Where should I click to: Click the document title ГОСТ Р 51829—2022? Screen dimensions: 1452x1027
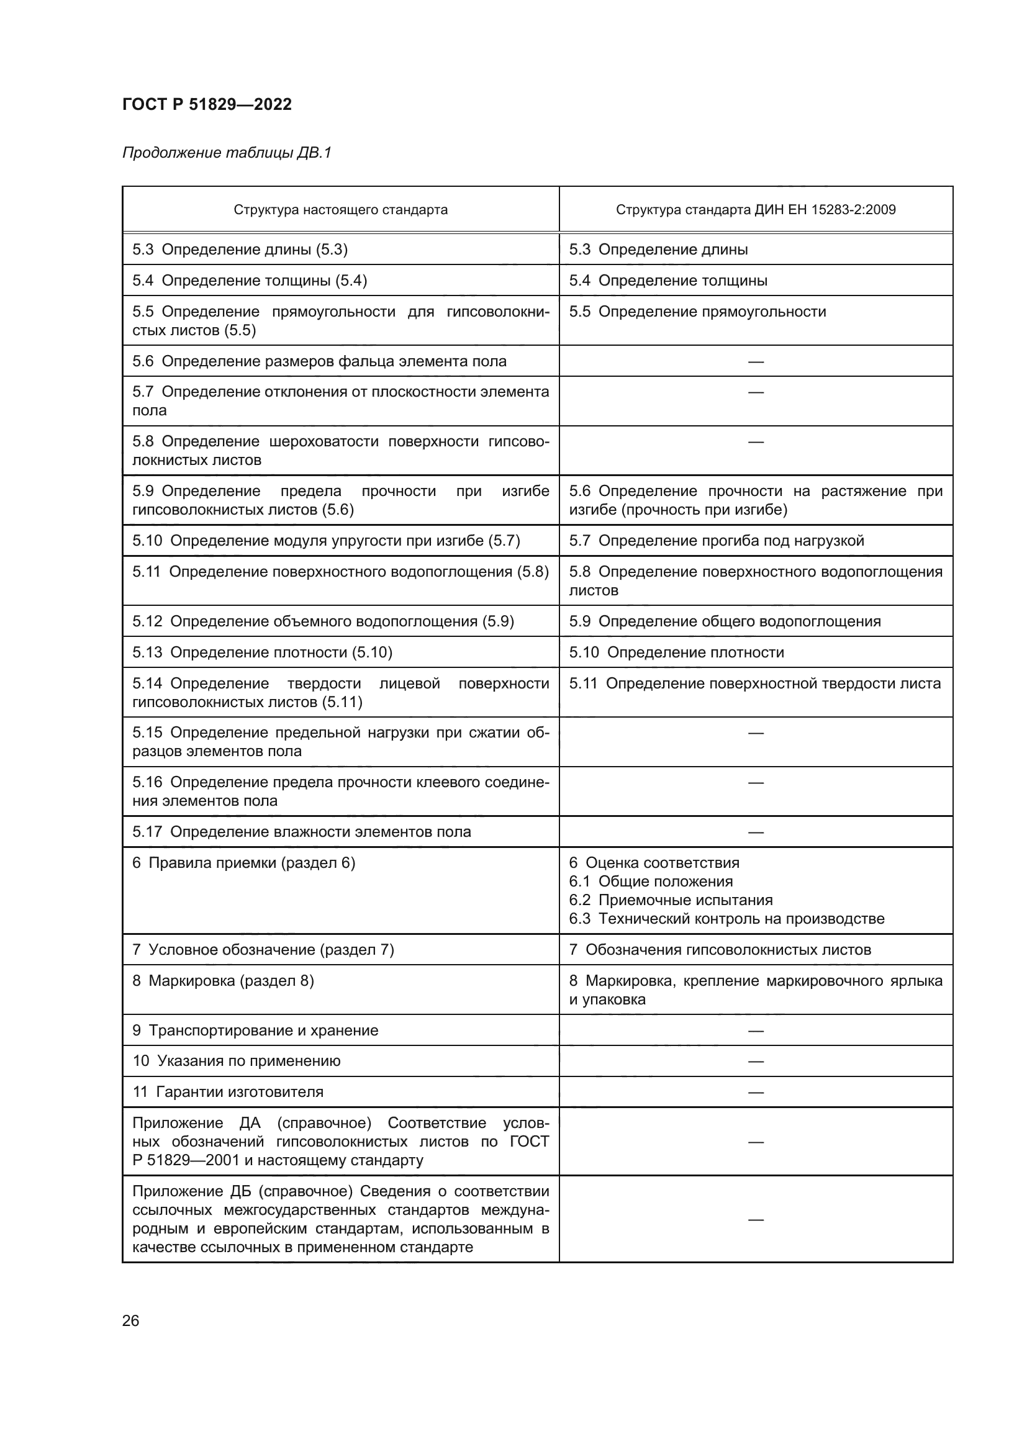tap(207, 104)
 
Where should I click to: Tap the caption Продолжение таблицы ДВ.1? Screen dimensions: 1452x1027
tap(227, 153)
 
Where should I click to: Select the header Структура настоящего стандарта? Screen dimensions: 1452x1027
tap(340, 210)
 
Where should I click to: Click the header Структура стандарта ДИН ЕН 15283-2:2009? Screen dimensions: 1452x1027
tap(756, 210)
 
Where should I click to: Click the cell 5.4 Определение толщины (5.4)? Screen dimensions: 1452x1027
tap(249, 280)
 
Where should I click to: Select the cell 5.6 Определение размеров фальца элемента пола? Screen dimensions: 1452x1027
tap(319, 361)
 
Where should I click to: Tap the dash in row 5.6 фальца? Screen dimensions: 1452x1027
tap(756, 362)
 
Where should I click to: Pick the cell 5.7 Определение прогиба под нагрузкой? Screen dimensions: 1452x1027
tap(716, 541)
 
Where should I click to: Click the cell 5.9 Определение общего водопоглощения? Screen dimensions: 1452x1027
tap(724, 621)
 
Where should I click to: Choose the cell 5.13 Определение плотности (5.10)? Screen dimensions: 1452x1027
tap(262, 652)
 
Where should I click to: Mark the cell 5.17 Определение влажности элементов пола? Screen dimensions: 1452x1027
tap(301, 832)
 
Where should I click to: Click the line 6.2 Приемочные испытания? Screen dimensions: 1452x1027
tap(671, 900)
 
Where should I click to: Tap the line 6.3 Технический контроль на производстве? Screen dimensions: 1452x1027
tap(726, 919)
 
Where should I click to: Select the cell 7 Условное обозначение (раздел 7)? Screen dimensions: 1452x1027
tap(263, 950)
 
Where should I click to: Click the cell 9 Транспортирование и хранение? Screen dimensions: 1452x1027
tap(255, 1030)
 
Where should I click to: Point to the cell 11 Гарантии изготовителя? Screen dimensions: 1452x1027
tap(227, 1092)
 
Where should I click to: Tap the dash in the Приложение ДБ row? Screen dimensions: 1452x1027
tap(756, 1219)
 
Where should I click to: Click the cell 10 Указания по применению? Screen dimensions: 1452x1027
tap(236, 1061)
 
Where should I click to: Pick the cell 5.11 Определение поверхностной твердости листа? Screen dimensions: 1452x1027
tap(754, 683)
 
